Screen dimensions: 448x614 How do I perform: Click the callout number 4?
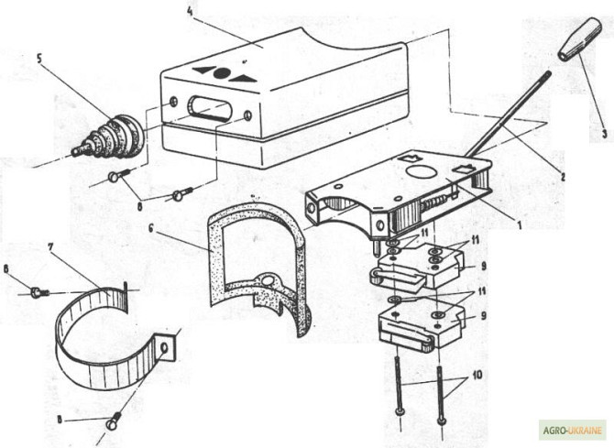point(189,12)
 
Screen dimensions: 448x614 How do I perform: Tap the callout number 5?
point(39,57)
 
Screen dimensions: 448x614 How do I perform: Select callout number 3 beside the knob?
point(604,133)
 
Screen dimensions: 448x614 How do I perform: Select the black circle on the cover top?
point(223,72)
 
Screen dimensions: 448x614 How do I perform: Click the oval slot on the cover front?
point(207,108)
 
